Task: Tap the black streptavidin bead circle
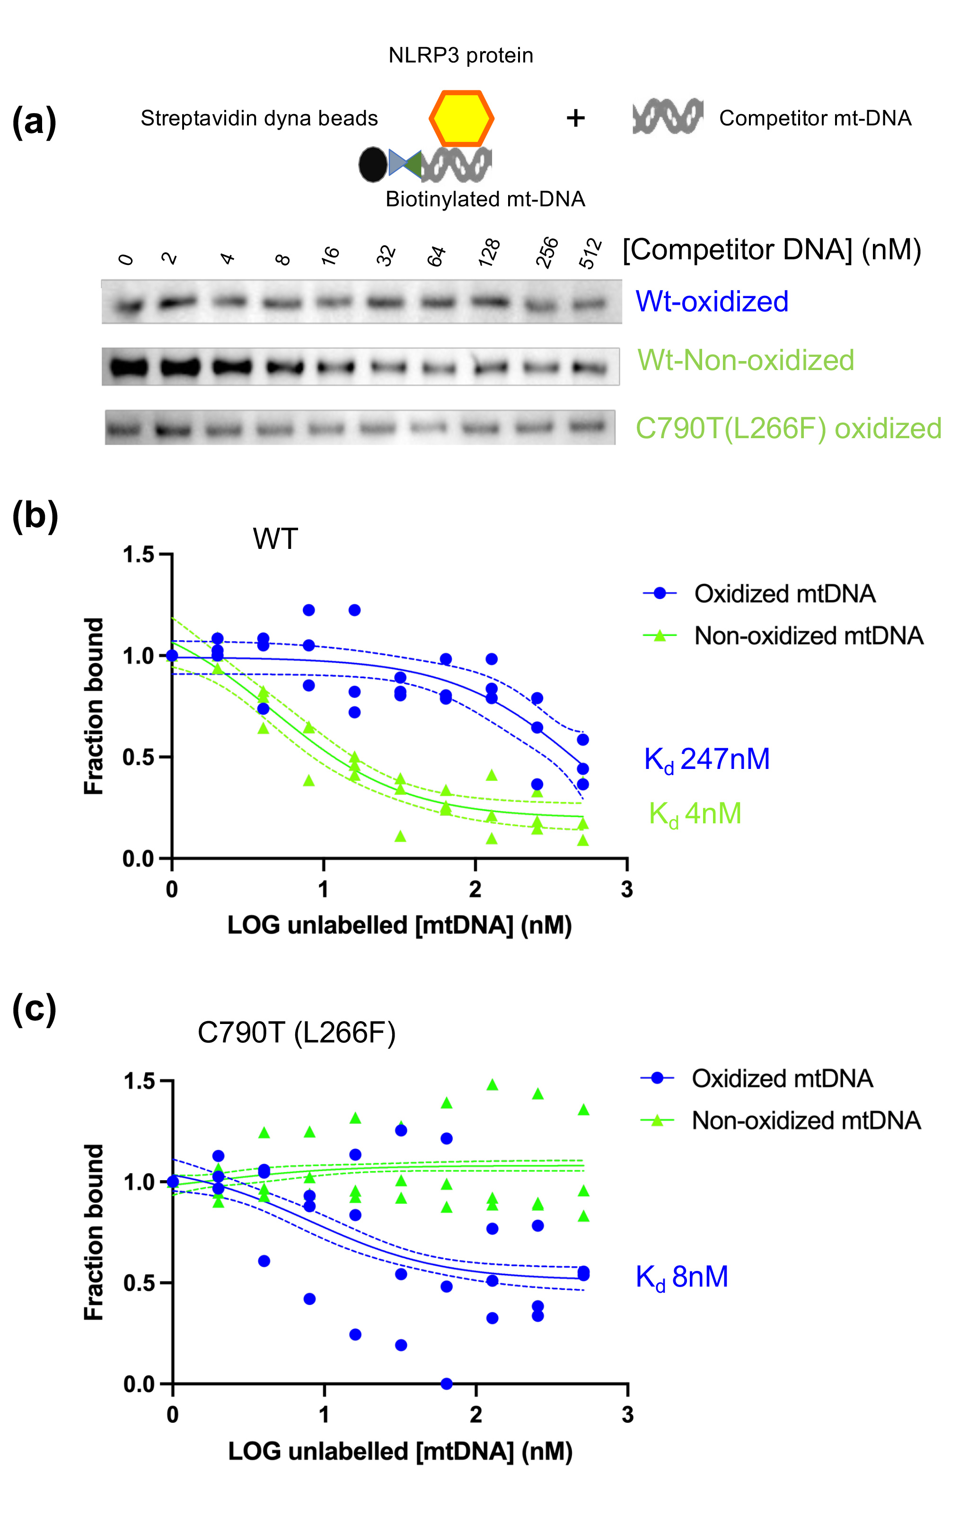pos(372,164)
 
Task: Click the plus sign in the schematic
pos(575,118)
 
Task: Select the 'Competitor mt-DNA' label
pos(815,118)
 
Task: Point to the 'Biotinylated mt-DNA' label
pos(485,199)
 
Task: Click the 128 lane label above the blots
pos(490,253)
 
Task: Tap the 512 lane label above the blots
pos(590,253)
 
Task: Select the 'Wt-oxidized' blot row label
pos(712,301)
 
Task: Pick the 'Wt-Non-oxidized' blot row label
pos(746,360)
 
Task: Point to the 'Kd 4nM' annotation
pos(695,814)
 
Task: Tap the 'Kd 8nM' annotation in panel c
pos(682,1277)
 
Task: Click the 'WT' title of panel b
pos(275,539)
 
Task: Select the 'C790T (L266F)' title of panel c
pos(296,1033)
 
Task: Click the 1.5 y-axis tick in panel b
pos(139,555)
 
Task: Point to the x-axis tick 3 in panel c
pos(627,1414)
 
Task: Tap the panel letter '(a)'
pos(34,121)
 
